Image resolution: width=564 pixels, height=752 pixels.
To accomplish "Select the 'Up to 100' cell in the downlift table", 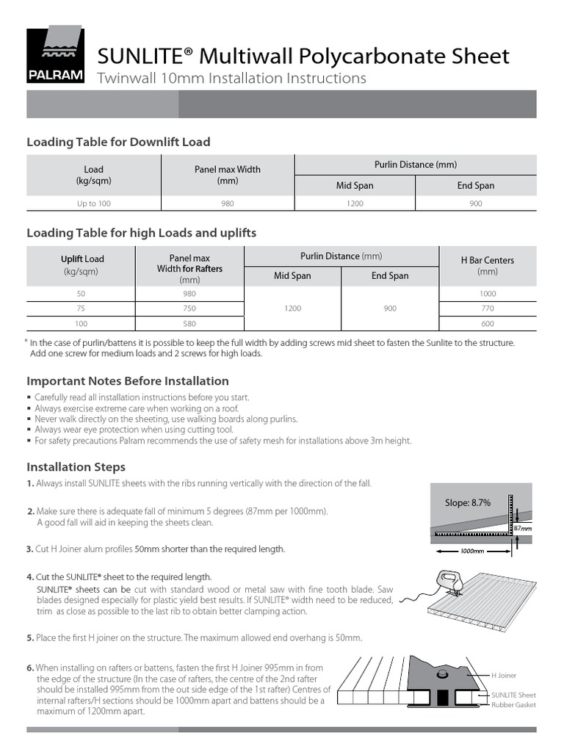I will (x=93, y=203).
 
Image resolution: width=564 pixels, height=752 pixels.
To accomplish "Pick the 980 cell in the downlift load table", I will (x=227, y=203).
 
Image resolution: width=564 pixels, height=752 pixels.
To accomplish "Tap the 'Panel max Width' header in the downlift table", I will (x=227, y=175).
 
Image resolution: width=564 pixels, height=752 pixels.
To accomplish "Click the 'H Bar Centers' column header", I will (x=487, y=266).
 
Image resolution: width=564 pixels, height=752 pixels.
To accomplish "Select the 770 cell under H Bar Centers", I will (x=487, y=308).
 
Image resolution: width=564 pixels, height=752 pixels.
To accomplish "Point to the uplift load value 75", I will (x=81, y=308).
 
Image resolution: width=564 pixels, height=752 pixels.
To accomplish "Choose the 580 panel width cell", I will (x=189, y=324).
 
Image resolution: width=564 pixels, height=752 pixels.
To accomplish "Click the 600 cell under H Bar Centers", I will (x=487, y=324).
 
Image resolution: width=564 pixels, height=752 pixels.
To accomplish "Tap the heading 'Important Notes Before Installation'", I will (x=128, y=381).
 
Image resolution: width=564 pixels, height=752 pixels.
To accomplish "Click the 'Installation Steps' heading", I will (x=76, y=467).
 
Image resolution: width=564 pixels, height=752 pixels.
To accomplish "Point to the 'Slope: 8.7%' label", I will (x=467, y=502).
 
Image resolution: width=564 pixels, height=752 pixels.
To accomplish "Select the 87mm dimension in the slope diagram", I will (x=522, y=528).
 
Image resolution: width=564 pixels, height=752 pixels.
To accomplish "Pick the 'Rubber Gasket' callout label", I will (x=514, y=705).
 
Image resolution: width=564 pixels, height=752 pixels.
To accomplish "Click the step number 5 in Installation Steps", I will (x=30, y=637).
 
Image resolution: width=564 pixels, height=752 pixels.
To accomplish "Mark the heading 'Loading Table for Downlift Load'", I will (x=118, y=142).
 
